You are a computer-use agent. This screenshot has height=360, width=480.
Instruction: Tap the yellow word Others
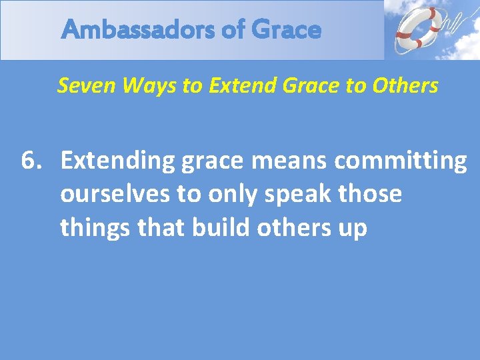(x=407, y=85)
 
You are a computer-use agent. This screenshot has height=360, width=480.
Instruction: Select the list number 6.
(x=33, y=161)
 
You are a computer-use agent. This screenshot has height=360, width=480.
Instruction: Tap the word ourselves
(x=116, y=194)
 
